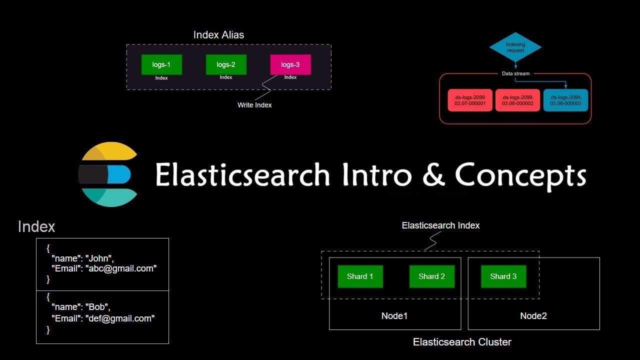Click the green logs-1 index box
[x=161, y=65]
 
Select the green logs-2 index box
[x=226, y=65]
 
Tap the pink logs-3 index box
[x=290, y=65]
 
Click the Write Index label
[x=254, y=105]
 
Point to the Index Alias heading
[x=218, y=35]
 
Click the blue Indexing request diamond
[x=515, y=47]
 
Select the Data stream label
[x=515, y=73]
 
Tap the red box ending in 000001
[x=470, y=100]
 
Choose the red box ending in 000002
[x=517, y=100]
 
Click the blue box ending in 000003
[x=565, y=100]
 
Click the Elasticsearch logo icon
[x=107, y=174]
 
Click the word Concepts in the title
[x=520, y=175]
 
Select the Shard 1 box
[x=360, y=276]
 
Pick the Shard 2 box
[x=431, y=276]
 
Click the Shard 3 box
[x=503, y=276]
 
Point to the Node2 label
[x=533, y=316]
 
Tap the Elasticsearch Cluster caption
[x=462, y=342]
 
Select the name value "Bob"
[x=97, y=307]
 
